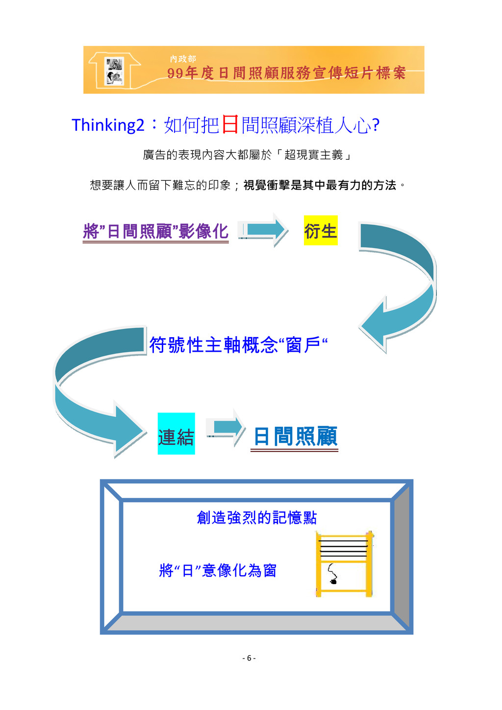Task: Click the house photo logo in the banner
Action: tap(115, 72)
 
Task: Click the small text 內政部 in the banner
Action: tap(183, 59)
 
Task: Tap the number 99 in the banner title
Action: tap(175, 73)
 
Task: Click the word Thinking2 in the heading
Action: tap(108, 125)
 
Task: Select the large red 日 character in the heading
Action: tap(230, 124)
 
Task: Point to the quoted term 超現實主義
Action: tap(313, 155)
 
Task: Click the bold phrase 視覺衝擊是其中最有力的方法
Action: tap(320, 185)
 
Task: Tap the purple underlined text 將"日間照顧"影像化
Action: tap(156, 231)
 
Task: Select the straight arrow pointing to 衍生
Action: tap(264, 229)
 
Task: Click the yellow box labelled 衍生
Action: tap(321, 230)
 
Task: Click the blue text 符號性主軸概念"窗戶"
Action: tap(238, 345)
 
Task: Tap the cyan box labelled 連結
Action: tap(176, 434)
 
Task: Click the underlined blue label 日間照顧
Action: tap(295, 436)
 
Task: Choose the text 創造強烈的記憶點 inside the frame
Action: tap(256, 517)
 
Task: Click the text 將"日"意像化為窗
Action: tap(218, 570)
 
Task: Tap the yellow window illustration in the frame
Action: tap(344, 563)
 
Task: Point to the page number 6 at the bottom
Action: tap(249, 658)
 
